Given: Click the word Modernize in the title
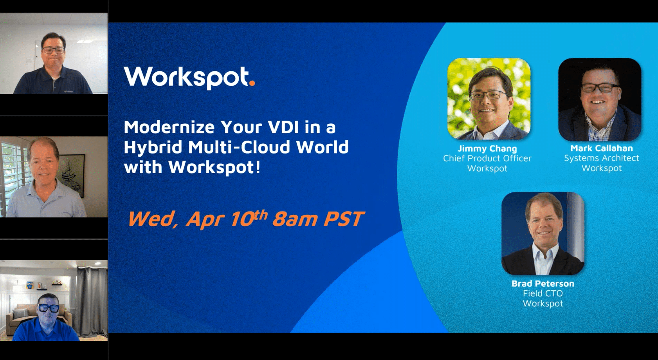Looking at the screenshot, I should click(x=169, y=127).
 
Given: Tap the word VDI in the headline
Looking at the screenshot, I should click(x=283, y=127).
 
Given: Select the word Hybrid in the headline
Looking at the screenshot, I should click(x=153, y=148).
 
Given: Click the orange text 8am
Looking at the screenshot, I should click(x=295, y=219).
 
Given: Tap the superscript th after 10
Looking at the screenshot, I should click(x=260, y=214).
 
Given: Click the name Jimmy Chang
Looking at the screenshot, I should click(x=487, y=148).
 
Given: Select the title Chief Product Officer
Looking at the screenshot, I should click(x=487, y=158).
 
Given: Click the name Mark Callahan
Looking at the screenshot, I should click(x=602, y=148).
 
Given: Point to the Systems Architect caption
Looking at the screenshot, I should click(x=602, y=158).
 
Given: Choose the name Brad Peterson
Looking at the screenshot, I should click(x=543, y=284).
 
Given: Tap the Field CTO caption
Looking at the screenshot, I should click(x=543, y=293).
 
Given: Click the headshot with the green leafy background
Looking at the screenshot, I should click(x=489, y=99).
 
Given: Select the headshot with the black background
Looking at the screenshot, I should click(x=600, y=99).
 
